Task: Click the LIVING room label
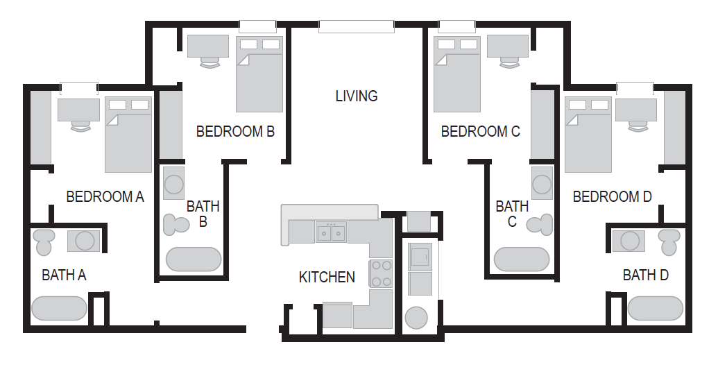357,96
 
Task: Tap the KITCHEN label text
327,278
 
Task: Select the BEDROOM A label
105,197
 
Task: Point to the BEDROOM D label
613,197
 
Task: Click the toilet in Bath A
44,241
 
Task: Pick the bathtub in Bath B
194,259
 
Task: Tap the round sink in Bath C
542,183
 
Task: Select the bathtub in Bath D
656,308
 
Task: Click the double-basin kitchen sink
331,232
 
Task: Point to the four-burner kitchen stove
381,273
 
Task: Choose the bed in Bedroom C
457,74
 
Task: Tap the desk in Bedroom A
79,110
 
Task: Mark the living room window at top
357,26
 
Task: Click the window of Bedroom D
635,88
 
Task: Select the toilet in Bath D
669,241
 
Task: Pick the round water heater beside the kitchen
417,318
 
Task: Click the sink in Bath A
84,241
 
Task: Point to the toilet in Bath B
176,225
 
